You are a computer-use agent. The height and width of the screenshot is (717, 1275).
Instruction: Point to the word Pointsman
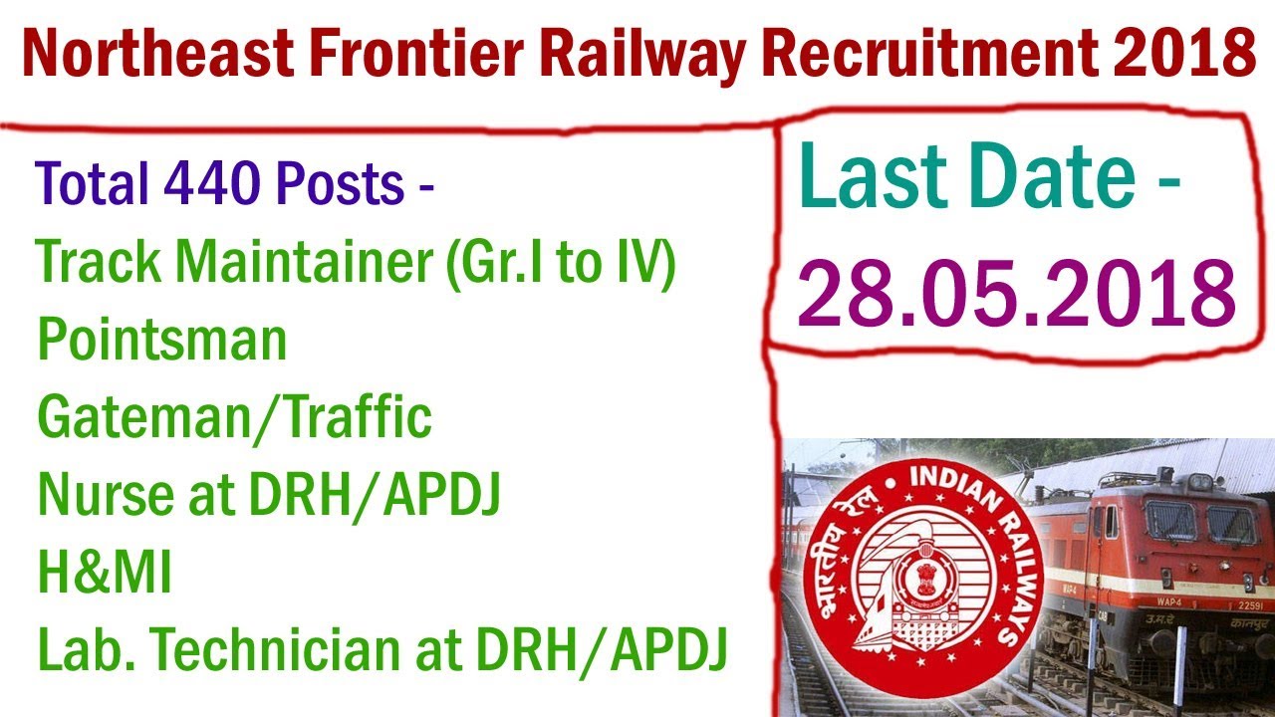pos(162,341)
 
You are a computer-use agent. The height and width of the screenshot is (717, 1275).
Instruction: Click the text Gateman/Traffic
pos(235,418)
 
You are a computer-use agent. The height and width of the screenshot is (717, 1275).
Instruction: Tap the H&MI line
pos(105,575)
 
